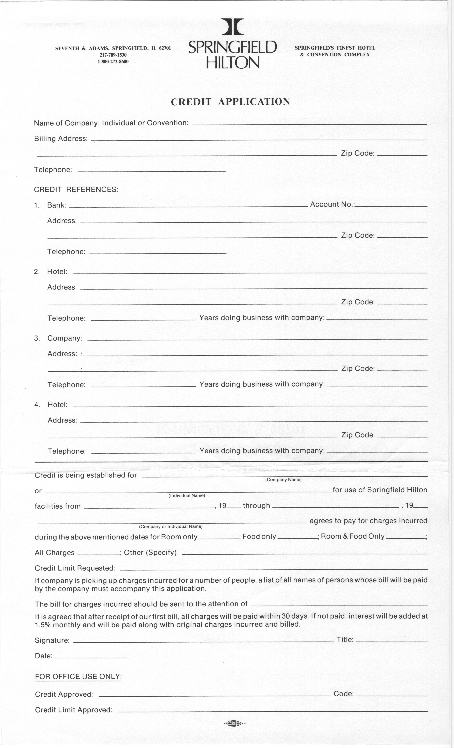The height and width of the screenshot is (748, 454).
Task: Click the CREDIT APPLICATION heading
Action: pyautogui.click(x=230, y=102)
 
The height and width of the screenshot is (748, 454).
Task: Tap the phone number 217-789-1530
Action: pyautogui.click(x=113, y=55)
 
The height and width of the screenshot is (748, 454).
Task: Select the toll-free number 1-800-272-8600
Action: pyautogui.click(x=113, y=62)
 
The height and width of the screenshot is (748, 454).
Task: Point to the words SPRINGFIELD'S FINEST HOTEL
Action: pyautogui.click(x=335, y=48)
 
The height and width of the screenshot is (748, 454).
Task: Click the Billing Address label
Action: pyautogui.click(x=61, y=139)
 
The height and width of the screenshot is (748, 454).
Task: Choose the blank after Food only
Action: pyautogui.click(x=297, y=538)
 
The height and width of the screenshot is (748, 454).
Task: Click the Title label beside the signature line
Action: pyautogui.click(x=345, y=640)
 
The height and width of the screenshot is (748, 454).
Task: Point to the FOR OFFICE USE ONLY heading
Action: pyautogui.click(x=78, y=677)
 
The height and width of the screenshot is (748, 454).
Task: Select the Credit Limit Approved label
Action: pyautogui.click(x=73, y=710)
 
